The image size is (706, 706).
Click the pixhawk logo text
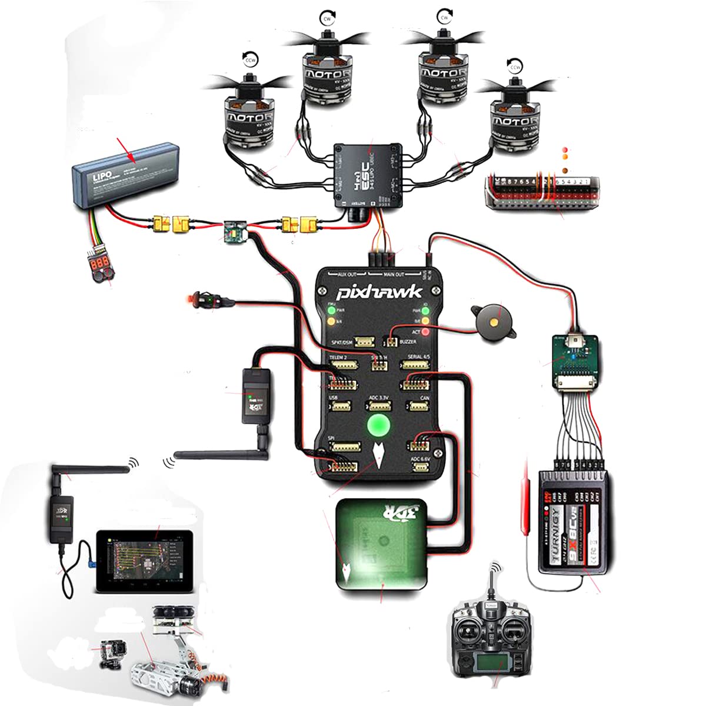[x=379, y=292]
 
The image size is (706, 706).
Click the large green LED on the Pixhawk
[x=379, y=424]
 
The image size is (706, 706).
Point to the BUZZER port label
[x=408, y=342]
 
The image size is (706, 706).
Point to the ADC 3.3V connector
[x=379, y=406]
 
